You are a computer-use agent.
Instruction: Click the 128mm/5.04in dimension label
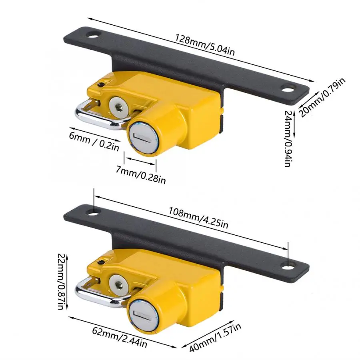(x=205, y=45)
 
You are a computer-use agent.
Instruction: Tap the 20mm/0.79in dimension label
(x=322, y=97)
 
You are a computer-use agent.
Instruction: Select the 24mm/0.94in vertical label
(x=288, y=139)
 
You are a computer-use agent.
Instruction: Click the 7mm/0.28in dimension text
(x=140, y=175)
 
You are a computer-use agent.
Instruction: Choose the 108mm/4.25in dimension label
(x=198, y=218)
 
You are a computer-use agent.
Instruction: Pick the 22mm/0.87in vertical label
(x=61, y=282)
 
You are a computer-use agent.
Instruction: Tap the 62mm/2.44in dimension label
(x=120, y=337)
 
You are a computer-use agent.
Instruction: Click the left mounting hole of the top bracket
(x=94, y=36)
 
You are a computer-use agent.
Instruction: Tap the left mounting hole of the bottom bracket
(x=94, y=213)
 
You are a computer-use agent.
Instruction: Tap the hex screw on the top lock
(x=119, y=106)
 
